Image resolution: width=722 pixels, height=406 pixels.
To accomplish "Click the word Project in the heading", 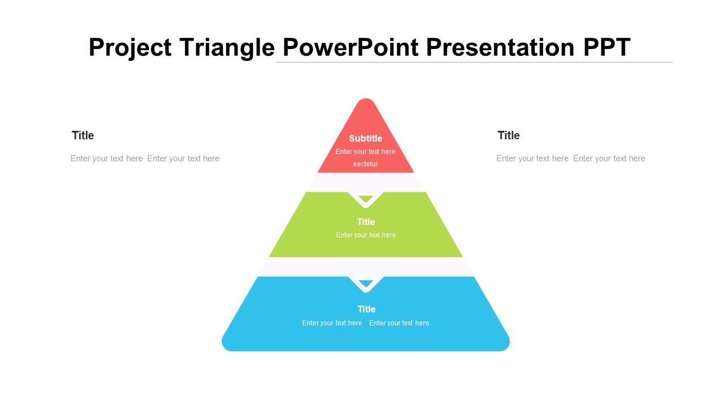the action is tap(130, 48).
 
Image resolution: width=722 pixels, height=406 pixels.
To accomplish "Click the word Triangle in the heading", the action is tap(227, 48).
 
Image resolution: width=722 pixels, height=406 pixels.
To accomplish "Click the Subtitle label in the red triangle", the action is tap(366, 138).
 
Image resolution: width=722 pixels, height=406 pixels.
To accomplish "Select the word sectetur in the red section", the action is tap(366, 164).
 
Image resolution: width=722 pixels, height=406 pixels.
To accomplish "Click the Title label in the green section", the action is tap(366, 222).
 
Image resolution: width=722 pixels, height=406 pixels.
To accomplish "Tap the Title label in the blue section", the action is tap(367, 309).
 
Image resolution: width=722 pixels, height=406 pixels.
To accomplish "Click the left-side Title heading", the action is tap(83, 135).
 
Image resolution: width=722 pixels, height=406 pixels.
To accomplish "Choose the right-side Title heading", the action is tap(509, 135).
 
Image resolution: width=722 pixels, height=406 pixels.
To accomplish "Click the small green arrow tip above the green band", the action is tap(366, 198).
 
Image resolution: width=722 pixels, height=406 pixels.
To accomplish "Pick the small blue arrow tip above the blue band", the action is tap(366, 283).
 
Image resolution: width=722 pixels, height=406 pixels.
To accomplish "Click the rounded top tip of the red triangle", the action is tap(366, 100).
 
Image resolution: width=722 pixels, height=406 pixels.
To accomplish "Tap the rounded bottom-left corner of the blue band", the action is tap(226, 346).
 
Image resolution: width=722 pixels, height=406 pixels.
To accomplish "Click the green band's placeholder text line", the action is tap(366, 235).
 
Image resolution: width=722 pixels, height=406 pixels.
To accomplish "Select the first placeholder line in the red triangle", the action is tap(365, 152).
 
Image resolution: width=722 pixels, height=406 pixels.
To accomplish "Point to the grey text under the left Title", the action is tap(145, 158).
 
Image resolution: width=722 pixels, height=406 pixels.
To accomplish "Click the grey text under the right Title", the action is tap(570, 158).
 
